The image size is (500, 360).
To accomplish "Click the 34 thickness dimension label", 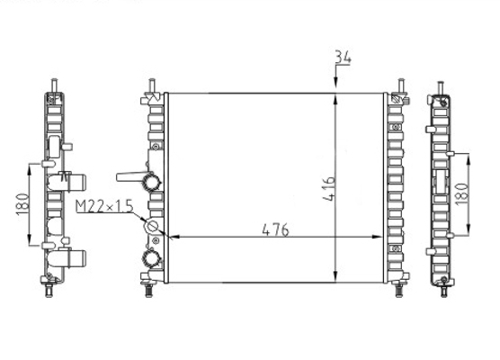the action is coord(343,58).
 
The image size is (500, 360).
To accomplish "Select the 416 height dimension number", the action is coord(329,189).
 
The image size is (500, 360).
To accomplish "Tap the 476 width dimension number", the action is coord(275,229).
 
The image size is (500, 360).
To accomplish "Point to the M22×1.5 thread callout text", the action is coord(104,206).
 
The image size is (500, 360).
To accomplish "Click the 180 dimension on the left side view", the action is coord(22,204).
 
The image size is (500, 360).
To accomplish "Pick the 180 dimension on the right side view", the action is coord(462,194).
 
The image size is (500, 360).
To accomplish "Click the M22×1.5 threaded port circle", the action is coord(151,226).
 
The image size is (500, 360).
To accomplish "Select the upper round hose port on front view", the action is coord(151,182).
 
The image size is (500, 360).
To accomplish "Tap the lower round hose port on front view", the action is coord(151,258).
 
